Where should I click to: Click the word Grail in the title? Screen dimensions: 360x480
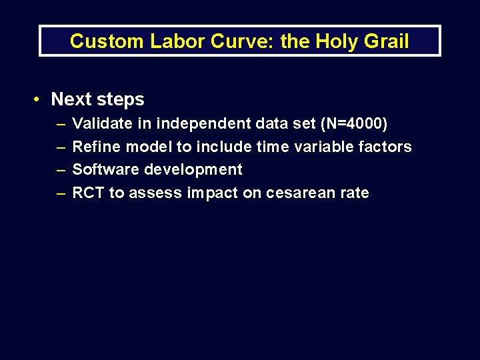pyautogui.click(x=386, y=41)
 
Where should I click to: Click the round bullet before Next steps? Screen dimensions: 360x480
pyautogui.click(x=38, y=99)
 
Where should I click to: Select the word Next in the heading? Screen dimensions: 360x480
pyautogui.click(x=71, y=99)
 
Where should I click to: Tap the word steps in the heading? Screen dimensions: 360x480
pyautogui.click(x=121, y=100)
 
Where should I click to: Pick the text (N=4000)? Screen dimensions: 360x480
pyautogui.click(x=354, y=123)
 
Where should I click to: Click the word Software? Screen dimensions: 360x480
pyautogui.click(x=105, y=169)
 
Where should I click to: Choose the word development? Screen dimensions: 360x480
pyautogui.click(x=193, y=170)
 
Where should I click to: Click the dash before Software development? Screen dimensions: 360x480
pyautogui.click(x=61, y=170)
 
